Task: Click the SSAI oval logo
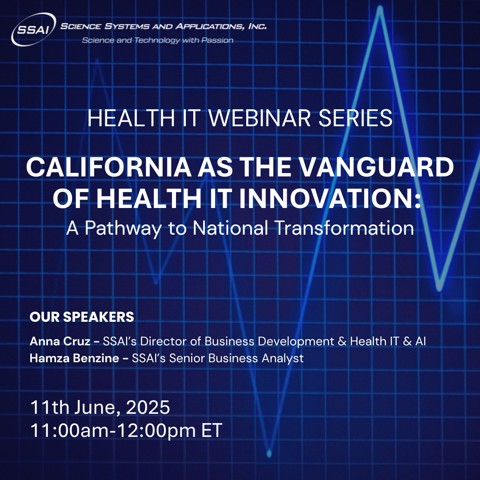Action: pyautogui.click(x=34, y=29)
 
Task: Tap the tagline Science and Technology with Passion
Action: pyautogui.click(x=158, y=40)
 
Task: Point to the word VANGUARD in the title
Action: pyautogui.click(x=376, y=167)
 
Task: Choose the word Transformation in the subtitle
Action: pyautogui.click(x=344, y=228)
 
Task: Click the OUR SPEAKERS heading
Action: pyautogui.click(x=82, y=317)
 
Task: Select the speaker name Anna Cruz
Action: pyautogui.click(x=60, y=341)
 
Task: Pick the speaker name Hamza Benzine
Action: pyautogui.click(x=74, y=358)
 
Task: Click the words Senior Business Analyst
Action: pyautogui.click(x=236, y=358)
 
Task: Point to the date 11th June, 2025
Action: pyautogui.click(x=100, y=407)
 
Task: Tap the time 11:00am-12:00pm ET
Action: pyautogui.click(x=126, y=430)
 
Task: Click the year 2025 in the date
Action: pyautogui.click(x=148, y=407)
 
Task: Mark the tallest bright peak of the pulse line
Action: pyautogui.click(x=380, y=10)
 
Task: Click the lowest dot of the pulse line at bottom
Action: pyautogui.click(x=269, y=453)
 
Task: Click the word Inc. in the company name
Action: pyautogui.click(x=257, y=26)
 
